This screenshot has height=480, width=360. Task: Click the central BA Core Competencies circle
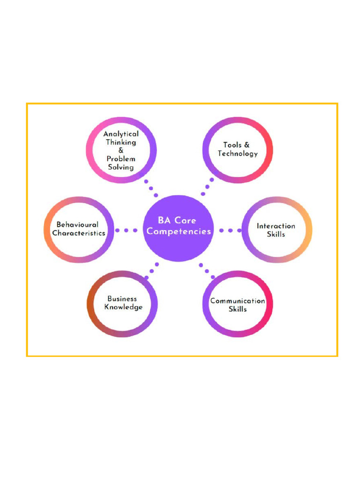pyautogui.click(x=178, y=228)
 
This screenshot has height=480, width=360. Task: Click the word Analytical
pyautogui.click(x=121, y=134)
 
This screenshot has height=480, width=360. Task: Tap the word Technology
pyautogui.click(x=238, y=154)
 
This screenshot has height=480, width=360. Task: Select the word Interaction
pyautogui.click(x=276, y=226)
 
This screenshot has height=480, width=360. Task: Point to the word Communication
pyautogui.click(x=238, y=301)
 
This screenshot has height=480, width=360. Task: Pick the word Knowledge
pyautogui.click(x=123, y=307)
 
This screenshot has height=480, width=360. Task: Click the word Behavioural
pyautogui.click(x=77, y=225)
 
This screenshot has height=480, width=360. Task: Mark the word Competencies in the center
pyautogui.click(x=179, y=232)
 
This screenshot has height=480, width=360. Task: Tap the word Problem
pyautogui.click(x=121, y=159)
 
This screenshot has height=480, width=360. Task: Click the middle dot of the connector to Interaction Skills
pyautogui.click(x=230, y=231)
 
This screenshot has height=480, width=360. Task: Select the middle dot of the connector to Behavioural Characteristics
pyautogui.click(x=126, y=230)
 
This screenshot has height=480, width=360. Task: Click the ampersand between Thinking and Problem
pyautogui.click(x=121, y=150)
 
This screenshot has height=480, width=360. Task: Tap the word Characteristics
pyautogui.click(x=79, y=233)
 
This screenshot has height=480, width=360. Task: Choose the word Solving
pyautogui.click(x=121, y=167)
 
